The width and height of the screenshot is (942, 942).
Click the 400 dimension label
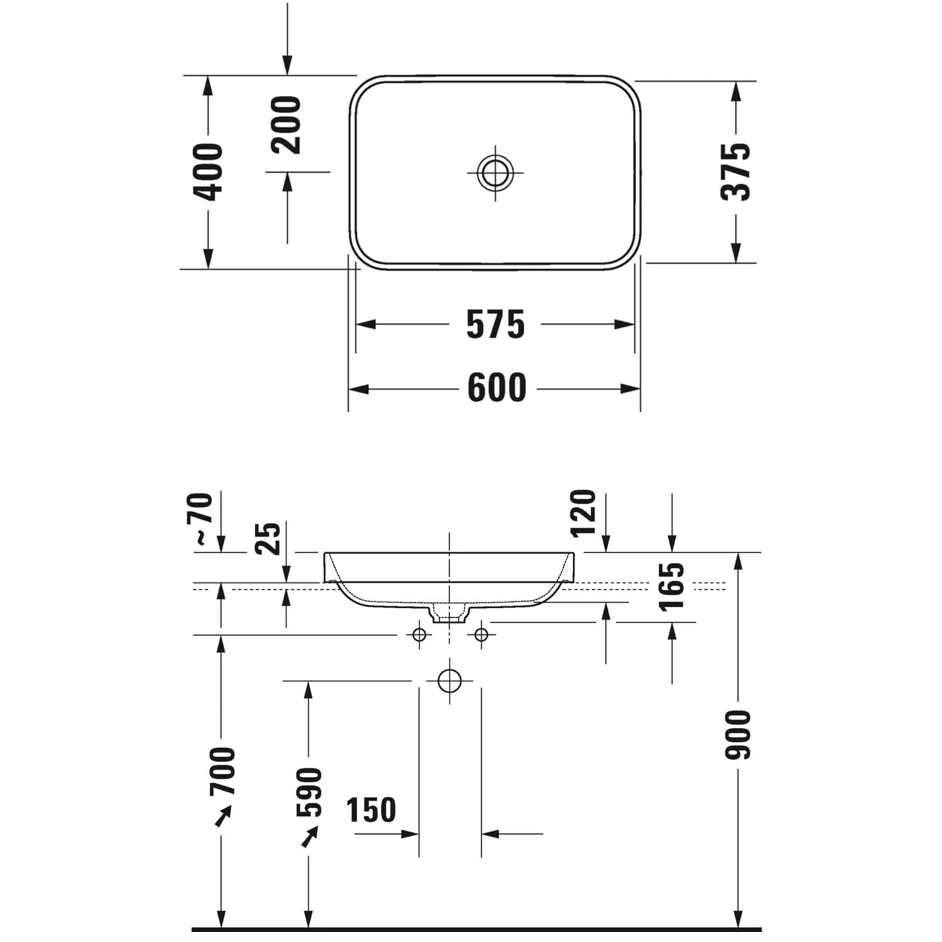[x=208, y=172]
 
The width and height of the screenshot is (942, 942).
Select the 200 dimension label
[x=286, y=125]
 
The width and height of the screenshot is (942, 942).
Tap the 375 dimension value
[x=736, y=172]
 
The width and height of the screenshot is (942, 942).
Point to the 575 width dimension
[x=495, y=325]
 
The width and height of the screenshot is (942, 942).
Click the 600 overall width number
[x=497, y=389]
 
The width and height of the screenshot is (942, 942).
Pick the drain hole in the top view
[x=495, y=171]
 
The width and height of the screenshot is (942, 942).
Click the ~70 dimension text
[x=204, y=519]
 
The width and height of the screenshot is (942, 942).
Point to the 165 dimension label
[x=672, y=586]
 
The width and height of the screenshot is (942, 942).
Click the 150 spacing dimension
[x=372, y=810]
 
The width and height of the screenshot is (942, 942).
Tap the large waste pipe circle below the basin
[x=450, y=681]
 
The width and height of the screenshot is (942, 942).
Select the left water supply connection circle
[x=420, y=635]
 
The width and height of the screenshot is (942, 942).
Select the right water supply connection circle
[x=481, y=635]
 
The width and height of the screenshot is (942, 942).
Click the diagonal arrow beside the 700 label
[x=223, y=816]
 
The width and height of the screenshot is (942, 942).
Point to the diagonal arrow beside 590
[x=309, y=836]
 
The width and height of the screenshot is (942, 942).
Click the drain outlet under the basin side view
[x=449, y=614]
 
